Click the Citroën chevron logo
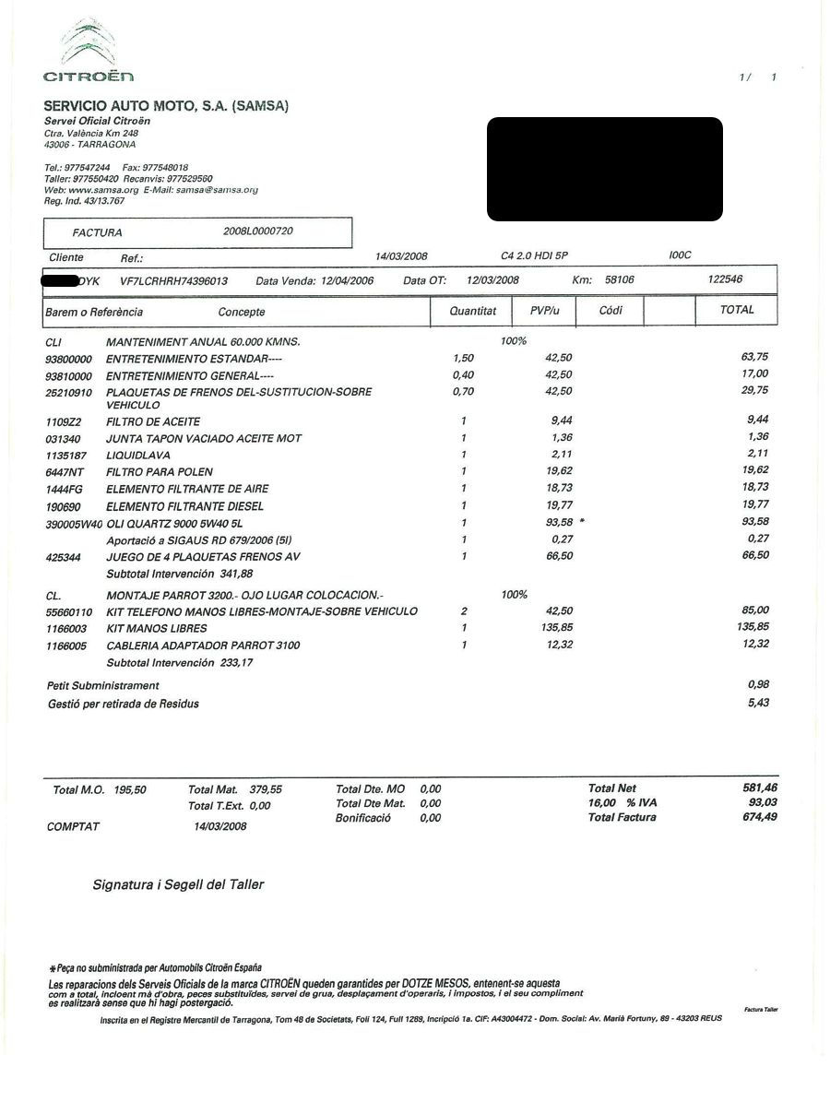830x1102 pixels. tap(89, 41)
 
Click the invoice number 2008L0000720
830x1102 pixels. tap(258, 231)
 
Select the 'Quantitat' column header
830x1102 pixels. tap(472, 311)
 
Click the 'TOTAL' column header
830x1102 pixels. tap(737, 310)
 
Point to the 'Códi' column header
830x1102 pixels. tap(611, 311)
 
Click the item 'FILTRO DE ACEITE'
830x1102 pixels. tap(153, 421)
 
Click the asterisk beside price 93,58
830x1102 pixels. tap(582, 522)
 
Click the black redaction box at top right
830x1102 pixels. tap(604, 169)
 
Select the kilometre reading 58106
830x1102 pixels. tap(619, 279)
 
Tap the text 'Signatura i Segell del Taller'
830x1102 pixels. tap(178, 884)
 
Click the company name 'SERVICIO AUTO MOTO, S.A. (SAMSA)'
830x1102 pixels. tap(166, 106)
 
